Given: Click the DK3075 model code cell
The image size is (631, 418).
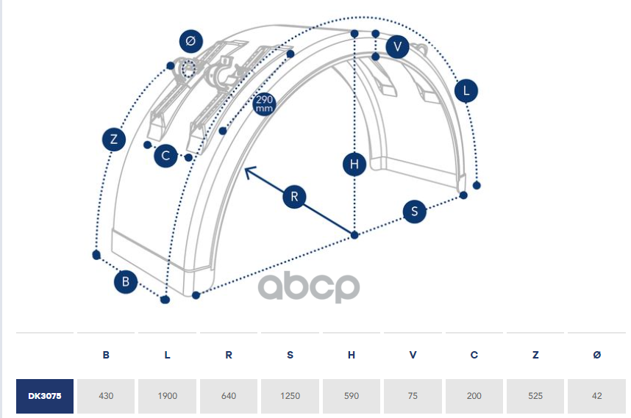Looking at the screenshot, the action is pyautogui.click(x=45, y=396).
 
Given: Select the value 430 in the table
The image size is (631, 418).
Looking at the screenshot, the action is pyautogui.click(x=106, y=396).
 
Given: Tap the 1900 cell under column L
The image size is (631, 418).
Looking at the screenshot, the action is pyautogui.click(x=167, y=396).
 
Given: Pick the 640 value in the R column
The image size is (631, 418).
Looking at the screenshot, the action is pyautogui.click(x=229, y=396).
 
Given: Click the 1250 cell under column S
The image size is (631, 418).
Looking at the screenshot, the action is pyautogui.click(x=290, y=396).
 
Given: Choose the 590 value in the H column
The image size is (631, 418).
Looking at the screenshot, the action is pyautogui.click(x=352, y=396).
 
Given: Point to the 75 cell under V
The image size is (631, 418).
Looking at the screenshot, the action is pyautogui.click(x=413, y=396).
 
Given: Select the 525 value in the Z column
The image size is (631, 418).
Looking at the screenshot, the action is pyautogui.click(x=535, y=396).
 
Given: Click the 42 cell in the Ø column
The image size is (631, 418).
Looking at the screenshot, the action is pyautogui.click(x=596, y=396).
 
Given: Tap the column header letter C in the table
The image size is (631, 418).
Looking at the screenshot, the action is pyautogui.click(x=474, y=356).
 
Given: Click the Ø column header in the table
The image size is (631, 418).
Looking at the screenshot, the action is pyautogui.click(x=596, y=356).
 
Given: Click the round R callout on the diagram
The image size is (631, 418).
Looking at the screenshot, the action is pyautogui.click(x=294, y=197).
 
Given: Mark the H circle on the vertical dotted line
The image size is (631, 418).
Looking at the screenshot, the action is pyautogui.click(x=354, y=165).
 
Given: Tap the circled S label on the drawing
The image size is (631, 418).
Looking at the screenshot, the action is pyautogui.click(x=415, y=212).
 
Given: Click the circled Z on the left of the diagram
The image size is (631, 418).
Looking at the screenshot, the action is pyautogui.click(x=113, y=139).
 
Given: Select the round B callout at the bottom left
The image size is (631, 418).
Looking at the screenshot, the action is pyautogui.click(x=126, y=281).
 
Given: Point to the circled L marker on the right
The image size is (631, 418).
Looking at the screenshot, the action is pyautogui.click(x=466, y=92).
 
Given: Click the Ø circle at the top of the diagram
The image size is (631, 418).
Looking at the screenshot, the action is pyautogui.click(x=190, y=42).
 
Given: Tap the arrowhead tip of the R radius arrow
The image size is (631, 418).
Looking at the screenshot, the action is pyautogui.click(x=246, y=167).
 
